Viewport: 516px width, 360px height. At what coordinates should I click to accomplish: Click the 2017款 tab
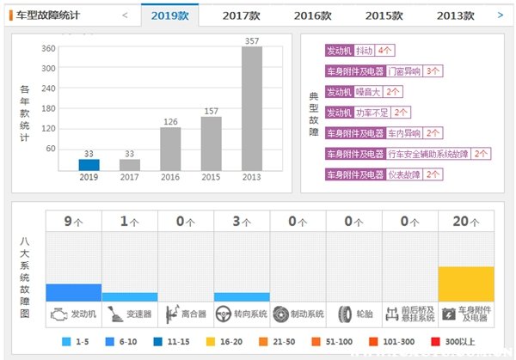pos(242,15)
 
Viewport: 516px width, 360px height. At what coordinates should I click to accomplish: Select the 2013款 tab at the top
pos(455,15)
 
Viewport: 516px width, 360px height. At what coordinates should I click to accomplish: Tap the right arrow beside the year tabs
pos(501,15)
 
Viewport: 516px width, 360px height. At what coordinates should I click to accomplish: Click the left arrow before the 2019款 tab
pos(125,15)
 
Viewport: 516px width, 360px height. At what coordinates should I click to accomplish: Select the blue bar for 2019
pos(89,164)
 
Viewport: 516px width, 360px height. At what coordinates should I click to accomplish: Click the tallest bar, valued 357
pos(252,108)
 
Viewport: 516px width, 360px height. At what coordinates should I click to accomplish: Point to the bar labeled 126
pos(170,148)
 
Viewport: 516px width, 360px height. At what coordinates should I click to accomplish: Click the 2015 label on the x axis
pos(211,178)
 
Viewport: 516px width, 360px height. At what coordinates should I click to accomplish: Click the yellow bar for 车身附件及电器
pos(466,284)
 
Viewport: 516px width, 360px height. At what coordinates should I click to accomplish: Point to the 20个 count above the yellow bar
pos(466,222)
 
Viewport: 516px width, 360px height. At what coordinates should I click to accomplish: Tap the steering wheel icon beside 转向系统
pos(224,314)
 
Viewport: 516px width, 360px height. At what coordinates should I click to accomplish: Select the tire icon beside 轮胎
pos(346,314)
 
